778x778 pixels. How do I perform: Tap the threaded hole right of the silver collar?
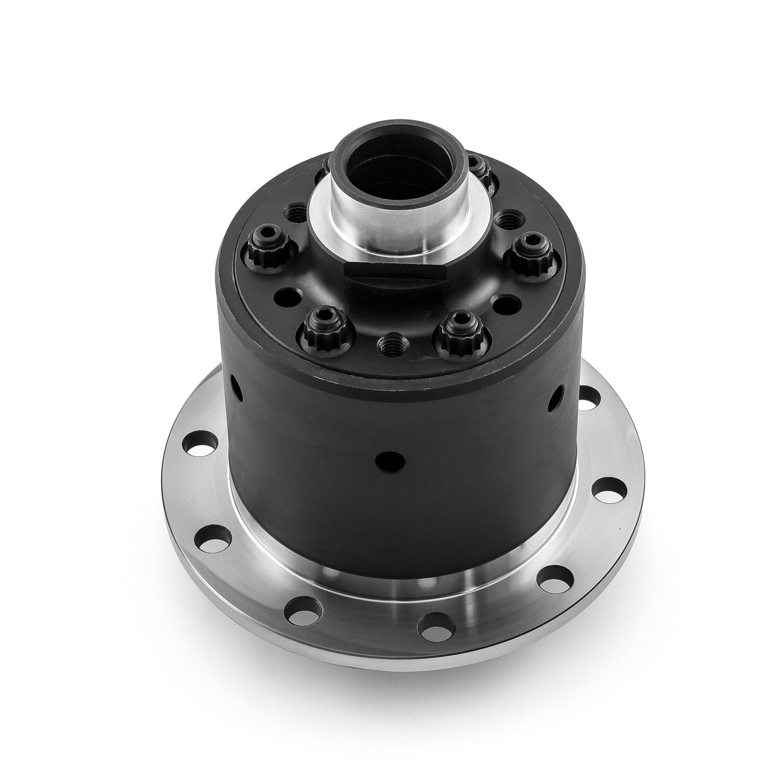506,219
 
